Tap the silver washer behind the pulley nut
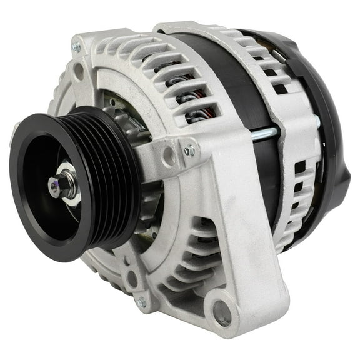[x=71, y=190]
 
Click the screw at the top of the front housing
[x=77, y=47]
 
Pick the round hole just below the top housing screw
[x=79, y=71]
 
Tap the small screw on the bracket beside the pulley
[x=189, y=151]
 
